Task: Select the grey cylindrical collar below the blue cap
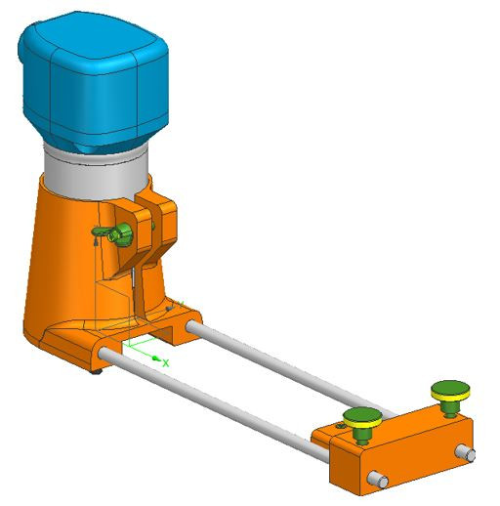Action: (93, 166)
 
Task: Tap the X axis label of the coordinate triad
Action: (166, 362)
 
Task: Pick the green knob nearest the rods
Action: (363, 419)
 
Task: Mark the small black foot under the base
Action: (97, 370)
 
